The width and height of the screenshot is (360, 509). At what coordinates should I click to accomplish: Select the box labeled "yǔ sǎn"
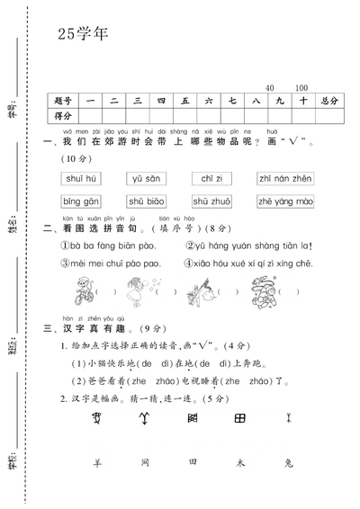pos(143,178)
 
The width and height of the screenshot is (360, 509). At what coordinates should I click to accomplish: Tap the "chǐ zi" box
pos(212,178)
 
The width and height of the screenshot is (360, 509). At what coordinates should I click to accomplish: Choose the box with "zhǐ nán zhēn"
pos(283,178)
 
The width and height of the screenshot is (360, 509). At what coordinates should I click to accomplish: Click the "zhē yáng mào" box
pos(284,201)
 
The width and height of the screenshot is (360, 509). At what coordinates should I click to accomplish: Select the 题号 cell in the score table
pos(63,101)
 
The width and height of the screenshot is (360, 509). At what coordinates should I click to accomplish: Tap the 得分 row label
pos(63,116)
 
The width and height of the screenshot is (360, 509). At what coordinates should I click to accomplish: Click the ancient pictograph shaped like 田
pos(240,418)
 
